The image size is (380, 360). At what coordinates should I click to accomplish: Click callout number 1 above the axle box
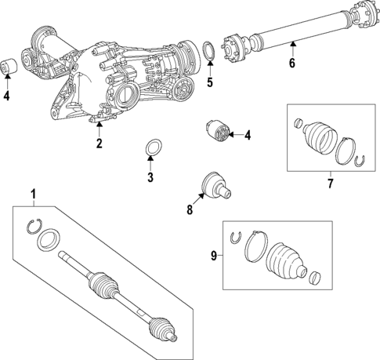(33, 194)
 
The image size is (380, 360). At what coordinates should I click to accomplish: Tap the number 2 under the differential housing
(100, 144)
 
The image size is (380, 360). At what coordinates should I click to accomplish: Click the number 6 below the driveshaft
(291, 64)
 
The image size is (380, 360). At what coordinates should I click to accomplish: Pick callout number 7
(330, 184)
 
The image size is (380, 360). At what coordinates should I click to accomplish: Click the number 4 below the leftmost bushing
(6, 97)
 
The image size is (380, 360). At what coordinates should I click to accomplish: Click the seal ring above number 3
(154, 147)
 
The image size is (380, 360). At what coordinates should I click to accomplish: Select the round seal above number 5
(211, 52)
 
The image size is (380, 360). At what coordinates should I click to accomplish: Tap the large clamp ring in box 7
(346, 151)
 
